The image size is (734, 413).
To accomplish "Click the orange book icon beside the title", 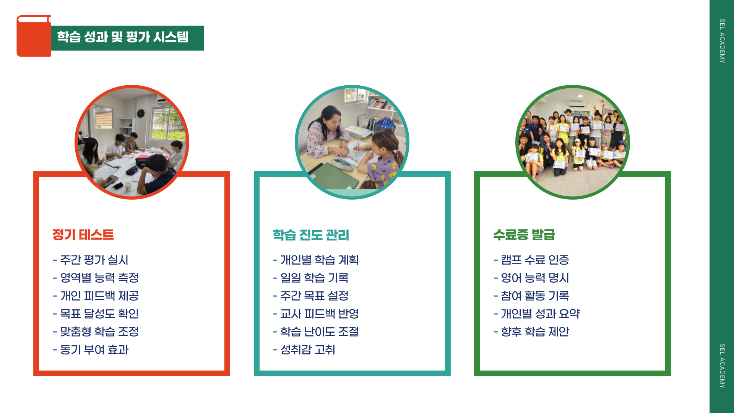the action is click(x=34, y=36).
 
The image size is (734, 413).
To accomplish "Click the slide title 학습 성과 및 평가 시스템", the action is click(x=123, y=37).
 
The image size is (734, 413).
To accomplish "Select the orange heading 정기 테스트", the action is click(x=83, y=234).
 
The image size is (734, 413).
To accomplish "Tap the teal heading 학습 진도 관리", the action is click(x=311, y=235).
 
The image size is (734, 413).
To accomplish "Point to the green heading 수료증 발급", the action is click(x=524, y=234).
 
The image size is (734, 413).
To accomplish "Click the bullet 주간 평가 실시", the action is click(x=91, y=260).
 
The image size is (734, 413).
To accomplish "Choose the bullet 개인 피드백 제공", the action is click(x=96, y=296).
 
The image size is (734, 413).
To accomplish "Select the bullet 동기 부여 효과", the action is click(x=91, y=350).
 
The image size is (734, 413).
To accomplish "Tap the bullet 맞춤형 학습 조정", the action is click(x=96, y=332).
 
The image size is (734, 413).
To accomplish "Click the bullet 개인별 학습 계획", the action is click(x=316, y=260).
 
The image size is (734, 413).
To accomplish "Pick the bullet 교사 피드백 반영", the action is click(x=316, y=314).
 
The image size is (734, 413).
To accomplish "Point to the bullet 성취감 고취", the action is click(x=304, y=350).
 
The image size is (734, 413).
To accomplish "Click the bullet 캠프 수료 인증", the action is click(x=531, y=260).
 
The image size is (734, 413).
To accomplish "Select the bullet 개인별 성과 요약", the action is click(x=536, y=314).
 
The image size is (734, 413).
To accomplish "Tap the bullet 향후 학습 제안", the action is click(x=531, y=332).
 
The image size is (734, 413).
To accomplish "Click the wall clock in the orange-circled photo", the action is click(x=141, y=113).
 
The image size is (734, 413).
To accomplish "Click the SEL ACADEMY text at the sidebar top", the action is click(x=722, y=41).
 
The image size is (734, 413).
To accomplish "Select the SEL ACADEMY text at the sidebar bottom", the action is click(x=722, y=366).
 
